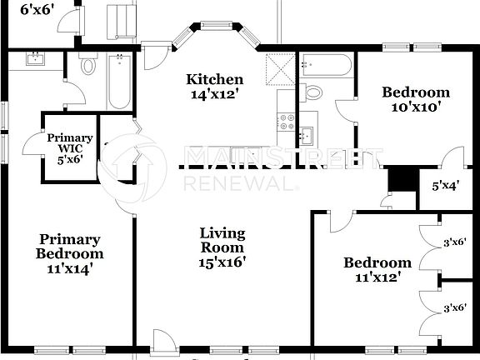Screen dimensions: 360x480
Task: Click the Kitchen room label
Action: point(214,79)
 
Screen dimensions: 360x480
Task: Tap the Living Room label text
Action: point(222,240)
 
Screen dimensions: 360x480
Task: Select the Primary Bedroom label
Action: point(69,247)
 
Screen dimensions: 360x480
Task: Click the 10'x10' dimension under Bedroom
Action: point(415,107)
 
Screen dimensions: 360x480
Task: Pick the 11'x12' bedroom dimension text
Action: point(377,277)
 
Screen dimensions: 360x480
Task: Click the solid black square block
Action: point(402,179)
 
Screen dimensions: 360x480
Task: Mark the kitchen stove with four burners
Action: point(287,118)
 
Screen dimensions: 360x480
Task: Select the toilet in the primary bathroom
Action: point(89,65)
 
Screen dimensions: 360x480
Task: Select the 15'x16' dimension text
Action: point(222,262)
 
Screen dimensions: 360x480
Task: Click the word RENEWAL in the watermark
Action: point(239,182)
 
